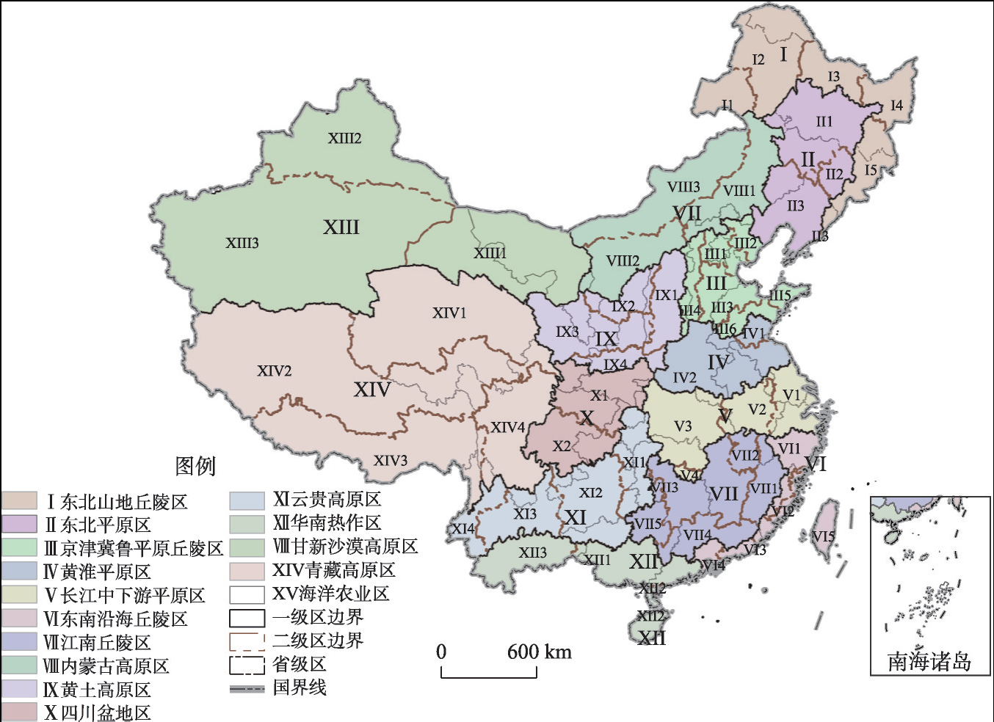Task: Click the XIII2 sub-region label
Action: (344, 138)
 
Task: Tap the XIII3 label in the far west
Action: (242, 243)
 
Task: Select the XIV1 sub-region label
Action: (449, 313)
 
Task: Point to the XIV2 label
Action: (274, 371)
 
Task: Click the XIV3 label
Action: (390, 461)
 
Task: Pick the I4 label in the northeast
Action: (896, 106)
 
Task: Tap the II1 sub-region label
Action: (824, 122)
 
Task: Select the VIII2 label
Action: (623, 260)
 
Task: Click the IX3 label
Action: (567, 332)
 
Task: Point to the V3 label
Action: (683, 426)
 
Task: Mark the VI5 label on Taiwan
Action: (824, 536)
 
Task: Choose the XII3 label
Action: (532, 553)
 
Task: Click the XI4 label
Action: (463, 528)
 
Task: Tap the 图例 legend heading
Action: (195, 466)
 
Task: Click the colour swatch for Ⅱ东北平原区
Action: (19, 524)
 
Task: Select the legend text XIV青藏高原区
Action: (333, 570)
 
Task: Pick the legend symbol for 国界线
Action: (247, 688)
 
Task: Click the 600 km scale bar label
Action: (539, 652)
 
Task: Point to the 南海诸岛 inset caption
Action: (929, 662)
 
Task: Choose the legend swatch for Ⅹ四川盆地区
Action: (19, 712)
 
